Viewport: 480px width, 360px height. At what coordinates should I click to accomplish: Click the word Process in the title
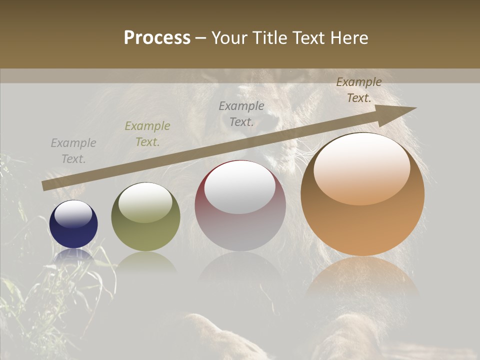point(157,38)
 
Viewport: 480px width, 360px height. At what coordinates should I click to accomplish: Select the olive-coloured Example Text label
point(147,134)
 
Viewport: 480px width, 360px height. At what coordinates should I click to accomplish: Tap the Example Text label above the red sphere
point(241,113)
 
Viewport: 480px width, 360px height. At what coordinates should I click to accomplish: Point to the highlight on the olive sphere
point(145,202)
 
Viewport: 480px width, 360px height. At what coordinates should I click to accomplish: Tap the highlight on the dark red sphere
point(240,187)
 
